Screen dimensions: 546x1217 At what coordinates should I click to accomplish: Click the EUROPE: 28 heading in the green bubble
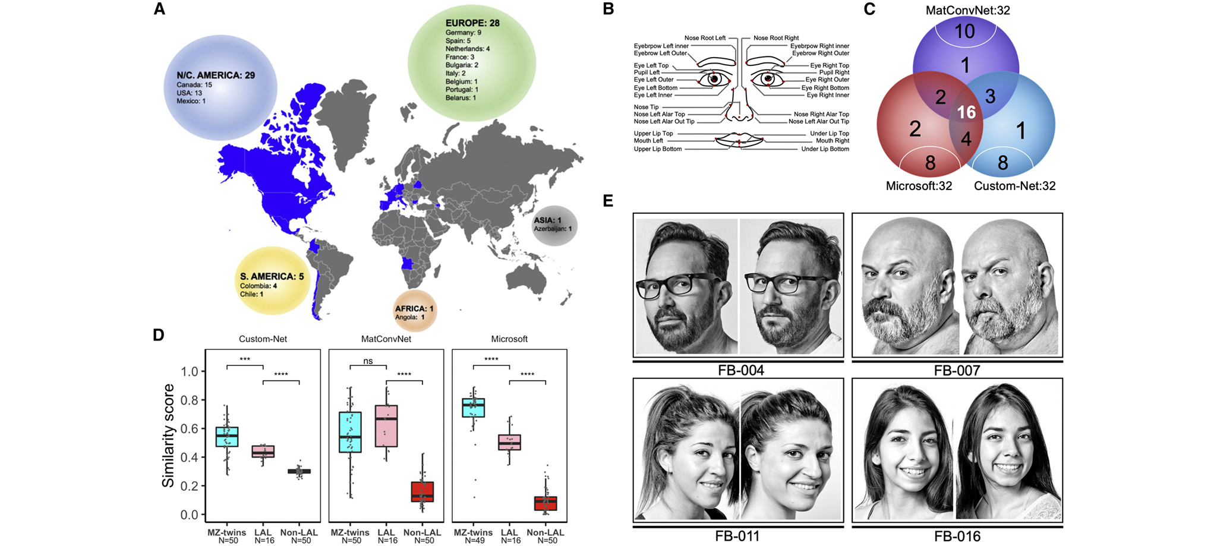tap(472, 23)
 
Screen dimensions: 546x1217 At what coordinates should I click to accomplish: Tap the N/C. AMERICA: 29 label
tap(216, 75)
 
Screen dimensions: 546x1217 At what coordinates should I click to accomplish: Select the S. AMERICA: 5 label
tap(272, 276)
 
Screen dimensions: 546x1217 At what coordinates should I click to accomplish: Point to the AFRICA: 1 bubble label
tap(414, 308)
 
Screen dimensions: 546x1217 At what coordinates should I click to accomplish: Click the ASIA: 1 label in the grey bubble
tap(547, 220)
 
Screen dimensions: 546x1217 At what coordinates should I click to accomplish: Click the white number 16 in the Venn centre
tap(966, 112)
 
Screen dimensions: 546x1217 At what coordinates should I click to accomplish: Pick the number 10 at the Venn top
tap(964, 31)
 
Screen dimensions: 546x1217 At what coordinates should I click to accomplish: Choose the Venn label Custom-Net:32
tap(1014, 186)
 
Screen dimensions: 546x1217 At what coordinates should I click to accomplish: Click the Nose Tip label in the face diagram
tap(646, 107)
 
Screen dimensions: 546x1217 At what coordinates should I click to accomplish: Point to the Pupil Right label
tap(834, 72)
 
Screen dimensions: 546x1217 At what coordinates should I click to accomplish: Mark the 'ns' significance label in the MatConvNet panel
tap(368, 361)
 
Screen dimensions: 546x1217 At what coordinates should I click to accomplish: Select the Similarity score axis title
tap(169, 435)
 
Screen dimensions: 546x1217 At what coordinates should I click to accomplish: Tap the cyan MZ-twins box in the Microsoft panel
tap(474, 408)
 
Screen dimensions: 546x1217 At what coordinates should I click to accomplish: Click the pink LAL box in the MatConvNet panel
tap(386, 425)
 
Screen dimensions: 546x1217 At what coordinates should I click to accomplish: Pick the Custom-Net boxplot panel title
tap(263, 339)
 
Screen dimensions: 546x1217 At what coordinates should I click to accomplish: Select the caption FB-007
tap(957, 370)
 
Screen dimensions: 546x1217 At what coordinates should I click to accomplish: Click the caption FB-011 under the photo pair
tap(737, 535)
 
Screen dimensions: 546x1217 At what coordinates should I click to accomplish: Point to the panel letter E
tap(608, 201)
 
